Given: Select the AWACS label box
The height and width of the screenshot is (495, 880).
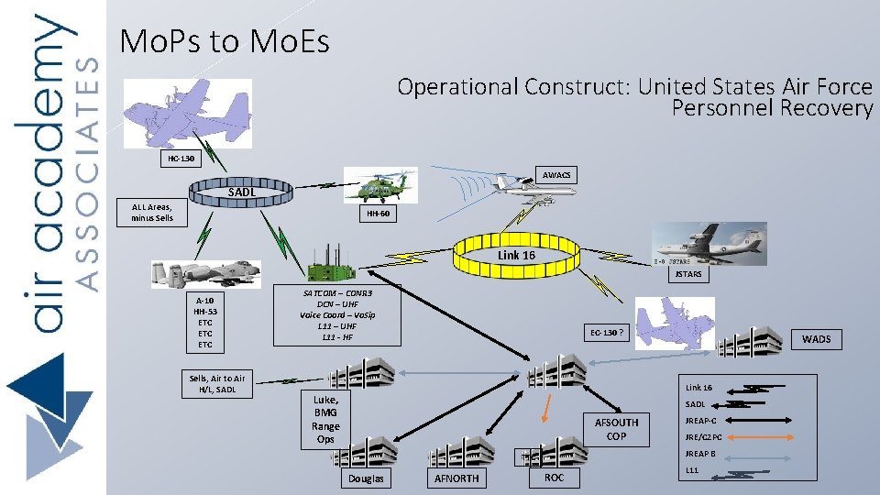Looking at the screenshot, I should pyautogui.click(x=555, y=174).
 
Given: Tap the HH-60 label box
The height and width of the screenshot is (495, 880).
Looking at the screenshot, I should pyautogui.click(x=378, y=214).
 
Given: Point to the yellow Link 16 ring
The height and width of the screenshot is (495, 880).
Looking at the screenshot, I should pyautogui.click(x=516, y=255).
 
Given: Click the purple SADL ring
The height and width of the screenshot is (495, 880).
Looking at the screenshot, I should pyautogui.click(x=242, y=192).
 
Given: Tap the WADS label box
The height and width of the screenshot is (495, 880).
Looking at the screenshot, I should pyautogui.click(x=816, y=339).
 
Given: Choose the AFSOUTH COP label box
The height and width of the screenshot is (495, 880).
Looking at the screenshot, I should pyautogui.click(x=616, y=429).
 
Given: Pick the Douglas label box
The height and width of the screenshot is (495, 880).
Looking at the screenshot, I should pyautogui.click(x=367, y=478).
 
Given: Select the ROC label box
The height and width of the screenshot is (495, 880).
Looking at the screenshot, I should pyautogui.click(x=554, y=478).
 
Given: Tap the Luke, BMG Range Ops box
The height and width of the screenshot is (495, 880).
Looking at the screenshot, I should pyautogui.click(x=325, y=420).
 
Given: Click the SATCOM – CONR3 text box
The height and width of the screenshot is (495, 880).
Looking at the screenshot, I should pyautogui.click(x=337, y=313).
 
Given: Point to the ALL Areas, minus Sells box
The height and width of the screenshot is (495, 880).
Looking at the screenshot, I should pyautogui.click(x=152, y=213).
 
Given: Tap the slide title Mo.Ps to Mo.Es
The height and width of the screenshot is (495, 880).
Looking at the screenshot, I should pyautogui.click(x=225, y=41).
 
